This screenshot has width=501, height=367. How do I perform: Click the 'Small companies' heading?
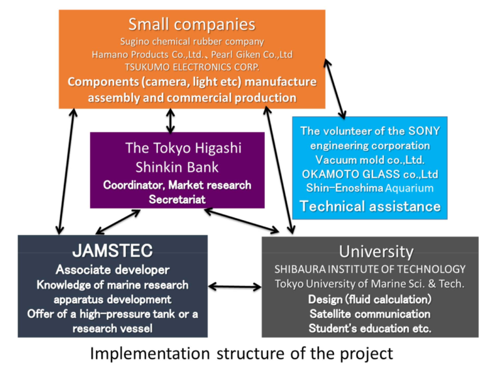(x=191, y=25)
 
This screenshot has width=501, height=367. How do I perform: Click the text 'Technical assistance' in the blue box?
(x=370, y=207)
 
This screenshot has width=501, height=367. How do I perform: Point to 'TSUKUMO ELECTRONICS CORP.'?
(x=192, y=67)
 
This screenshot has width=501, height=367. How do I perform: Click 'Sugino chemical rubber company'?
(x=192, y=42)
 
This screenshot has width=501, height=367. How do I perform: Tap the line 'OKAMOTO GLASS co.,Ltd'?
(x=370, y=174)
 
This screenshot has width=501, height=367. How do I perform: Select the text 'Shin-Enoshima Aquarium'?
(x=370, y=188)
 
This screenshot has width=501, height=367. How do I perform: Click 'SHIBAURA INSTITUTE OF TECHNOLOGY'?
(x=370, y=269)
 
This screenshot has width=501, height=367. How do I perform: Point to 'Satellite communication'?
(x=370, y=313)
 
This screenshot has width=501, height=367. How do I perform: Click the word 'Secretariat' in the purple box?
(x=177, y=199)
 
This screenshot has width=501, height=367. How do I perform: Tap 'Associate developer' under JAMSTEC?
(x=112, y=270)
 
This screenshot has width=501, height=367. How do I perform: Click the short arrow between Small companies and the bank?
(x=170, y=120)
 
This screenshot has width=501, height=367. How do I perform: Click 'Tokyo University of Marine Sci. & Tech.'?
(x=370, y=284)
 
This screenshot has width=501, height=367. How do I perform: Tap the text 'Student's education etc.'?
(x=370, y=328)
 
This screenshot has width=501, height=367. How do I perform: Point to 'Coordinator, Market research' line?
(x=177, y=185)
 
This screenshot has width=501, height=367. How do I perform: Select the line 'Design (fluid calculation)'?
(x=370, y=299)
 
